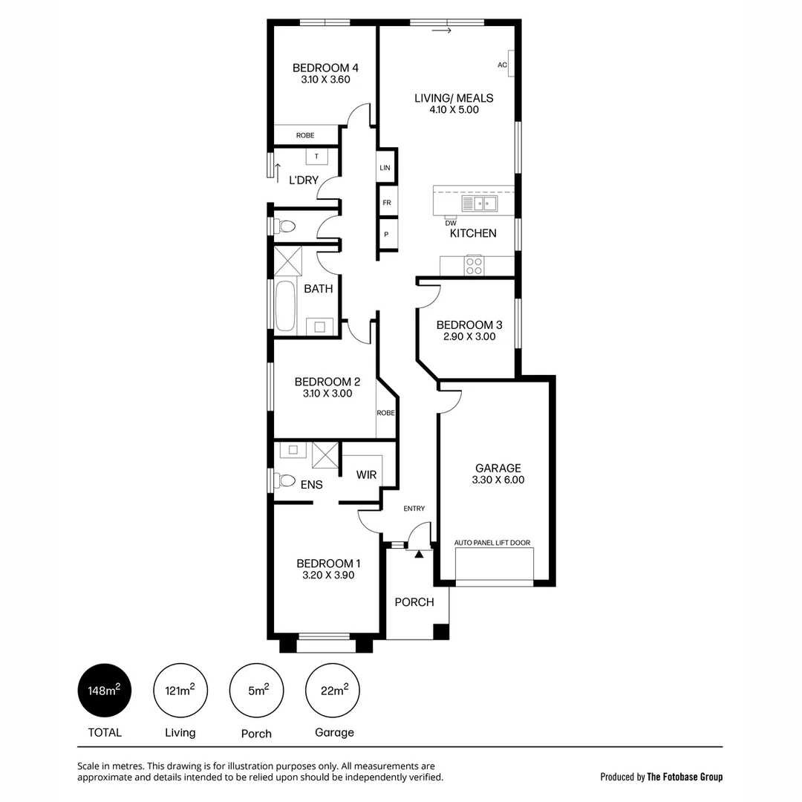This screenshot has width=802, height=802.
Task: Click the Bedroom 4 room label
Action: tap(320, 68)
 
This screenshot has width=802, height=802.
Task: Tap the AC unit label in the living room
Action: tap(502, 65)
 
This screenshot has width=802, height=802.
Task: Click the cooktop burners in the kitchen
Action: tap(473, 266)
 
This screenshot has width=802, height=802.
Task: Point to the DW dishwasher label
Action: tap(450, 223)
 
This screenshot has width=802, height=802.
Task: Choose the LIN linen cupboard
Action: tap(385, 169)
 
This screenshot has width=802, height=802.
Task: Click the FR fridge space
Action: tap(386, 202)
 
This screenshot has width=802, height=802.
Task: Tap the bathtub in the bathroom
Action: tap(285, 306)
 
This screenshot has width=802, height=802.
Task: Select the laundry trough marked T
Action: tap(317, 157)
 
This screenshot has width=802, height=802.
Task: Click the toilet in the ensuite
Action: tap(285, 480)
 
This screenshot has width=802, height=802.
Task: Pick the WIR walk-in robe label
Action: tap(366, 475)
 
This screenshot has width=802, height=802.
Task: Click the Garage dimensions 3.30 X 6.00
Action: tap(498, 480)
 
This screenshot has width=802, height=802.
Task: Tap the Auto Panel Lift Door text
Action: tap(492, 543)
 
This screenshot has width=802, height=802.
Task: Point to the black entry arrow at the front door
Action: tap(419, 553)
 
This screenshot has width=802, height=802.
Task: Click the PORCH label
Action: tap(414, 602)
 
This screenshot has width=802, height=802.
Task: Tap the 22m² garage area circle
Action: tap(334, 691)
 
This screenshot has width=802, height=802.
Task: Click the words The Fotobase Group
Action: tap(684, 777)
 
